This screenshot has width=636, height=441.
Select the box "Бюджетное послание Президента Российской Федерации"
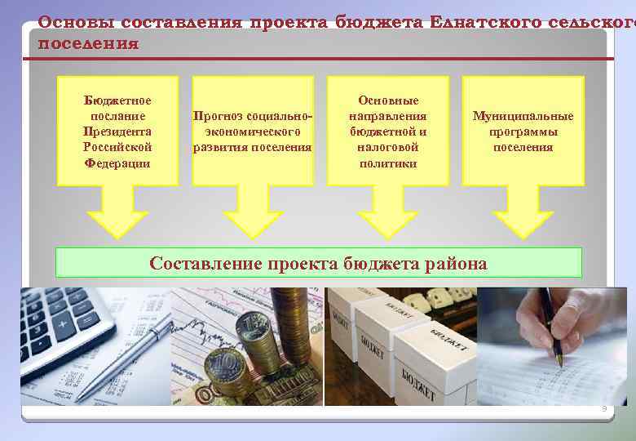(117, 131)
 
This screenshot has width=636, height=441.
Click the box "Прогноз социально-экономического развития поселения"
(253, 131)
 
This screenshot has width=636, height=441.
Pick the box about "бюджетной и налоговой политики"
(388, 131)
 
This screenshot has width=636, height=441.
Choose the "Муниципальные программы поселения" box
(523, 131)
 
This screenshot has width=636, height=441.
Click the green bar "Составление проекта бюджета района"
(318, 263)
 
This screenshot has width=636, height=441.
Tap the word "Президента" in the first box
(117, 131)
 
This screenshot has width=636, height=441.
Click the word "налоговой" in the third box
(388, 147)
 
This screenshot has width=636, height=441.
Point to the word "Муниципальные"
(523, 116)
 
